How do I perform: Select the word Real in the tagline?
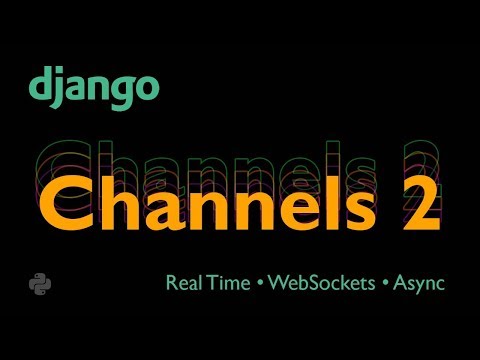[183, 283]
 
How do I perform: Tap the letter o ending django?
[145, 88]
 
